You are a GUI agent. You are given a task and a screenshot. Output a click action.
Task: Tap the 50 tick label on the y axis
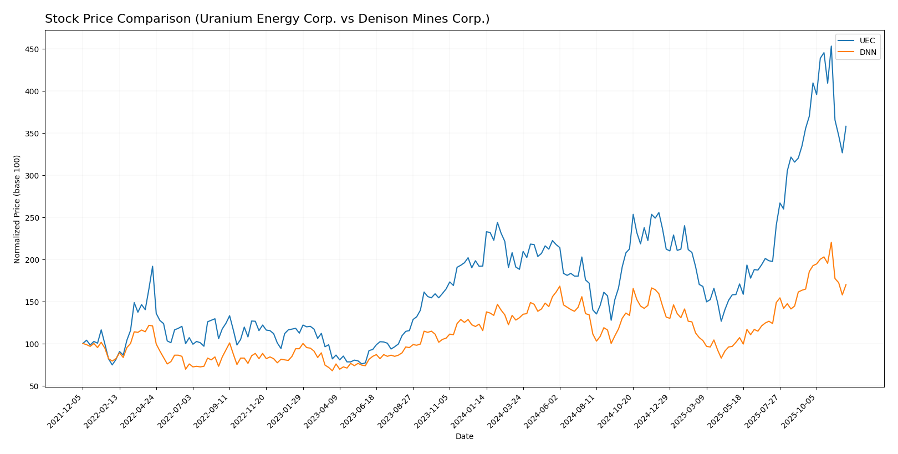click(x=34, y=386)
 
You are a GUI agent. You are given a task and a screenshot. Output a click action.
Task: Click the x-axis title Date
click(x=464, y=437)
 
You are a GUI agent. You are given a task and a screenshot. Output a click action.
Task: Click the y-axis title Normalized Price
click(x=17, y=209)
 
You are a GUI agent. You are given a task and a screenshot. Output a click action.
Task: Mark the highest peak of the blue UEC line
click(x=830, y=46)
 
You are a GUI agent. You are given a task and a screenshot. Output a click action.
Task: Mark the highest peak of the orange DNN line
click(x=831, y=242)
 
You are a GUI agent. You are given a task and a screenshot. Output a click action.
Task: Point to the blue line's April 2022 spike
click(x=152, y=266)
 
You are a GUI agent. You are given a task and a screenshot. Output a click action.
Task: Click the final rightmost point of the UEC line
click(x=846, y=126)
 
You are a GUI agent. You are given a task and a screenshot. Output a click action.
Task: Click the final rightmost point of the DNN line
click(x=846, y=284)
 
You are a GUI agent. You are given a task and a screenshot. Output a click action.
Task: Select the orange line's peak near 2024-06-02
click(x=559, y=286)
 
